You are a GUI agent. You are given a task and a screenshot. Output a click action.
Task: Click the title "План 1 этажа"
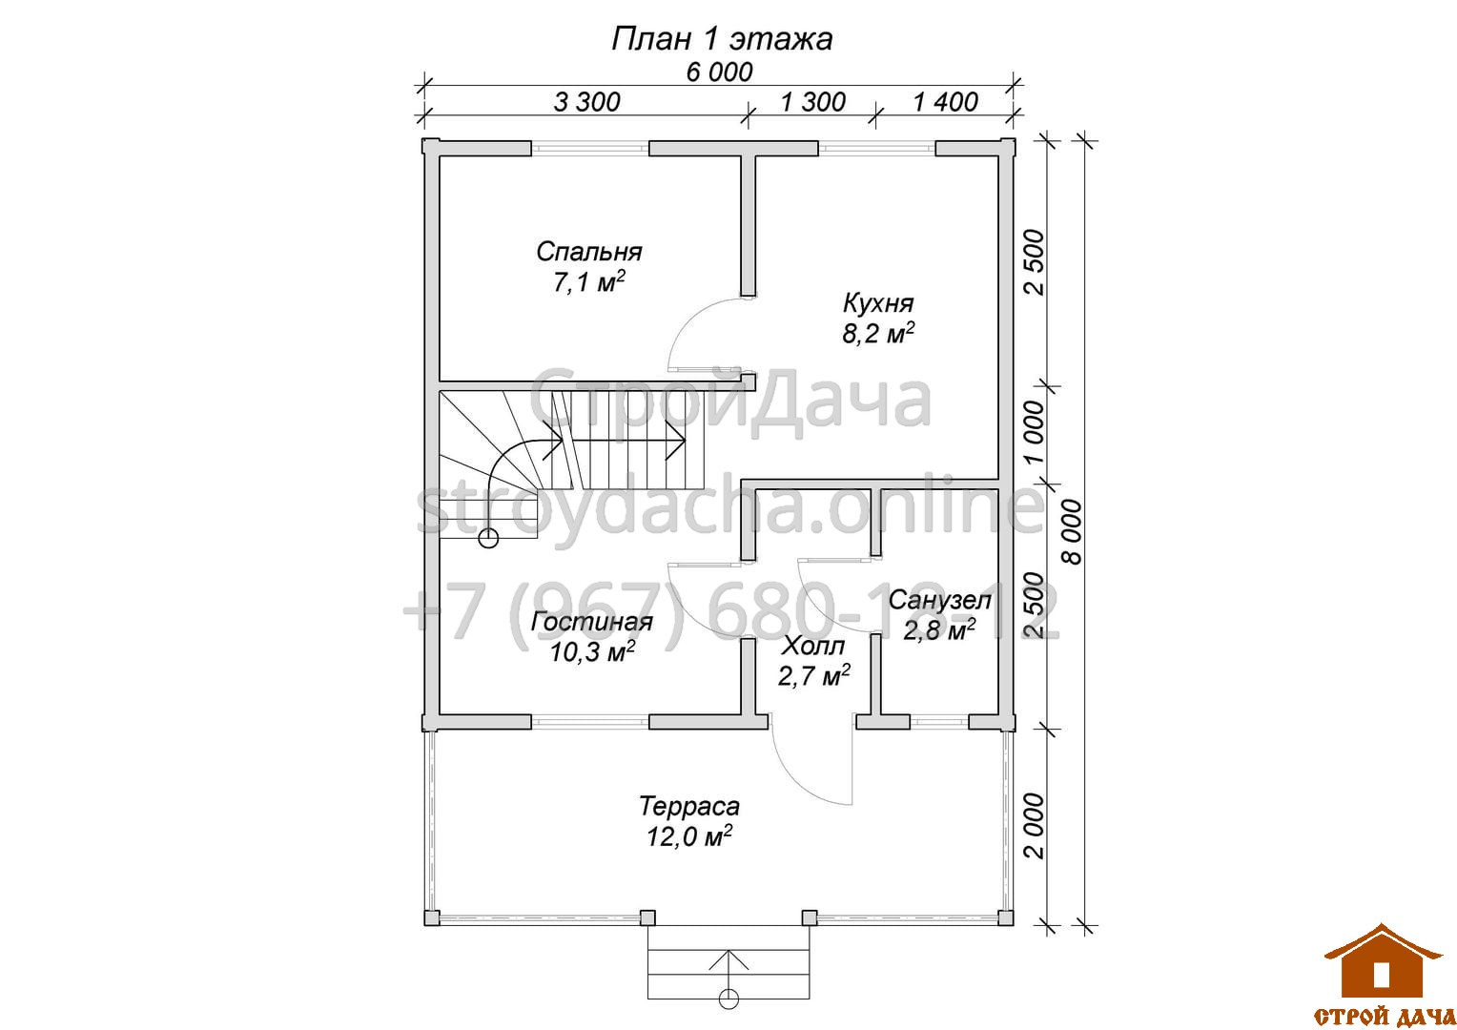point(721,39)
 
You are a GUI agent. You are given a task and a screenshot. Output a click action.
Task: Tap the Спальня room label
point(588,252)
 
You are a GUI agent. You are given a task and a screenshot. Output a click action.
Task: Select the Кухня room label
point(878,303)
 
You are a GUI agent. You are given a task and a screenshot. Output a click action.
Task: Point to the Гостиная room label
point(591,622)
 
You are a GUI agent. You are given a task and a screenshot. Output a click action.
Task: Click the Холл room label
point(813,646)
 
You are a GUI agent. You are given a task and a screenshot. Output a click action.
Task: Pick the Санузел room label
point(939,600)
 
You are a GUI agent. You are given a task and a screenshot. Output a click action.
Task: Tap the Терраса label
point(688,806)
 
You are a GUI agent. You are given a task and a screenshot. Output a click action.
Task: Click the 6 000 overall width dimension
point(719,72)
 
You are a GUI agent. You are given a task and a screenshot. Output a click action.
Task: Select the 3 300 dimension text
point(586,102)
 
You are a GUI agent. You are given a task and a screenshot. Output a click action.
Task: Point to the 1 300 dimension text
point(813,102)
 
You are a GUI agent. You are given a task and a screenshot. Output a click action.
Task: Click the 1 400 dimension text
point(946,102)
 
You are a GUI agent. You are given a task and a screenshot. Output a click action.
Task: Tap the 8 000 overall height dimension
point(1074,532)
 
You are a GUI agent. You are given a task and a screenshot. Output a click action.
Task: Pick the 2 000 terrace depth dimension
point(1033,826)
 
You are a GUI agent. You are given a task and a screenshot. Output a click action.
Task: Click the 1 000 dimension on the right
point(1033,432)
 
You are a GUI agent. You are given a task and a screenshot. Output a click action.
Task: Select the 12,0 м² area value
point(688,836)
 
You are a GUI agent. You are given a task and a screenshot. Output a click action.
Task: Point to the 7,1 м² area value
point(588,281)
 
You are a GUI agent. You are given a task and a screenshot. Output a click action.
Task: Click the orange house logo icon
point(1384,963)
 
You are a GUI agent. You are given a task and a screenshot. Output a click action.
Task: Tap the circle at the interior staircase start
point(488,539)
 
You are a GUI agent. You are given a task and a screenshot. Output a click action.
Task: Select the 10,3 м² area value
point(592,651)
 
